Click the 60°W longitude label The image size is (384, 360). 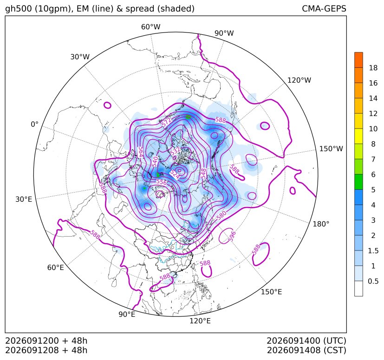click(150, 27)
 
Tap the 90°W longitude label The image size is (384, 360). click(224, 33)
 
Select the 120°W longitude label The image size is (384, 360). click(299, 80)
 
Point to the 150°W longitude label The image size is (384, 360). click(331, 148)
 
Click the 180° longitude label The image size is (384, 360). click(321, 224)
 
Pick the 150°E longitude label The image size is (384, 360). click(271, 292)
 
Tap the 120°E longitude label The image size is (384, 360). click(200, 321)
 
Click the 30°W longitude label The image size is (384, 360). click(80, 57)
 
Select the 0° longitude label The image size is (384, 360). click(34, 124)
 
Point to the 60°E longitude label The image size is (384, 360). click(55, 267)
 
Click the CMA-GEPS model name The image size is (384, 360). click(324, 8)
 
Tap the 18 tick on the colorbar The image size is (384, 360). click(373, 68)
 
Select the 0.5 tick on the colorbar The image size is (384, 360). click(373, 281)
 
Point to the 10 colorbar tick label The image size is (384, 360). click(373, 129)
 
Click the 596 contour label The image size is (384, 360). click(232, 236)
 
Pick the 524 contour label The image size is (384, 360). click(176, 174)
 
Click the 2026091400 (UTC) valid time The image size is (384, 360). click(306, 341)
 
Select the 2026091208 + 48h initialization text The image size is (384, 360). click(46, 350)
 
